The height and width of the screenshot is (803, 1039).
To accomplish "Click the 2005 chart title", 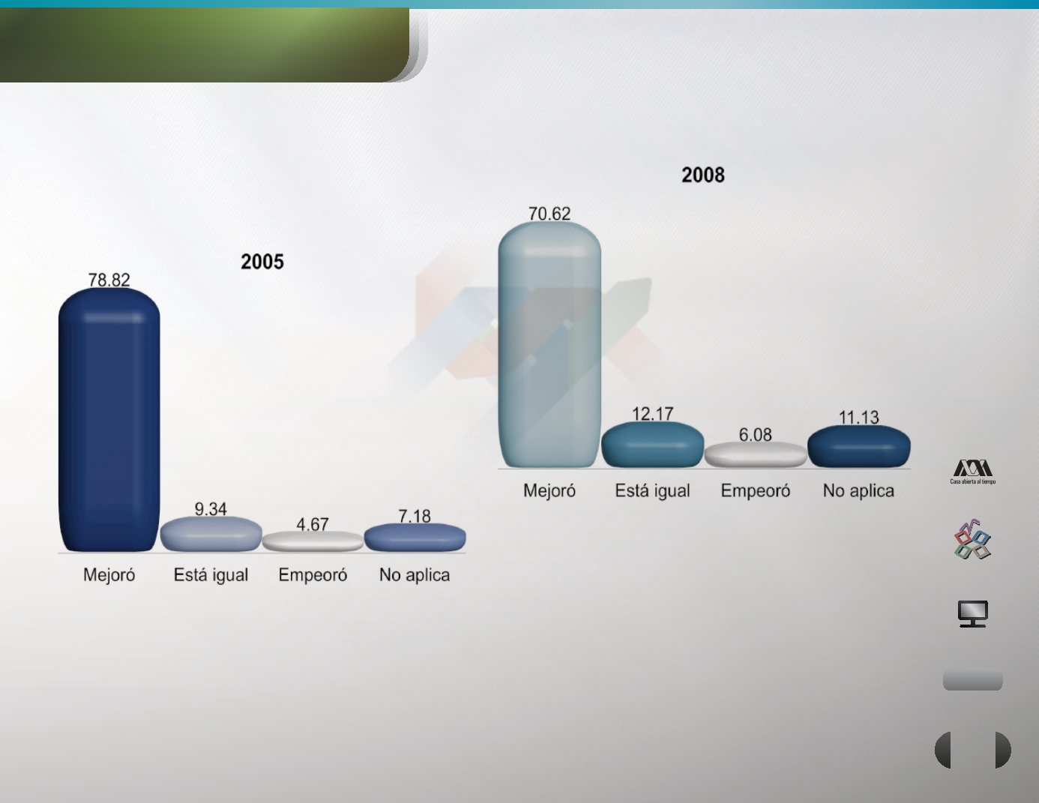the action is pos(262,262).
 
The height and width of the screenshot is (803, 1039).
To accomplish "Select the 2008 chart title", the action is pos(703,175).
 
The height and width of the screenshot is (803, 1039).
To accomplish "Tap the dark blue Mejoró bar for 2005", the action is pos(109,419).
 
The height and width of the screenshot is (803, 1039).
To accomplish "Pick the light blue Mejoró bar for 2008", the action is pos(549,344).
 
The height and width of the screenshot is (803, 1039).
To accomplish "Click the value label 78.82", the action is pos(109,280).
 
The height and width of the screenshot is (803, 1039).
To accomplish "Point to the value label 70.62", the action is pos(549,214).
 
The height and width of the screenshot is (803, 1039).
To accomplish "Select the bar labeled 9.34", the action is pos(211,535).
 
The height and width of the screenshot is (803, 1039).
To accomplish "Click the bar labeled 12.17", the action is pos(652,445).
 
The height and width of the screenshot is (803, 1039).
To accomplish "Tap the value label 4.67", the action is pos(313,525).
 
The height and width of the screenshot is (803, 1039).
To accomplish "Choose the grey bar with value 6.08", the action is pos(756,455).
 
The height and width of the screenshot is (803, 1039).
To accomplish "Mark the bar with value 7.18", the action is pos(415,538).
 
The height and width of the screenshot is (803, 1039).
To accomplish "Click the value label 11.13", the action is pos(859,418).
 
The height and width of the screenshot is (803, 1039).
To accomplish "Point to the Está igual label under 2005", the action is pos(211,575).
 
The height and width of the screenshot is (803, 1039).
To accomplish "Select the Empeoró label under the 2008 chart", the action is pos(756,490).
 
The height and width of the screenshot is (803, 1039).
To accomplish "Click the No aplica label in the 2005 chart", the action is pos(415,575).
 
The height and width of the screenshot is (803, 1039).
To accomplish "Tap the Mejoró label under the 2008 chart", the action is pos(549,491).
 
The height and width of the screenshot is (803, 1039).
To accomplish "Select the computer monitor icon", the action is pos(973,613).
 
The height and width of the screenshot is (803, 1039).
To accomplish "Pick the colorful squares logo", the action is pos(972,540).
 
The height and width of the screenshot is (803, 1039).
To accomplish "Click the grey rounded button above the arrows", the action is pos(972,680).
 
